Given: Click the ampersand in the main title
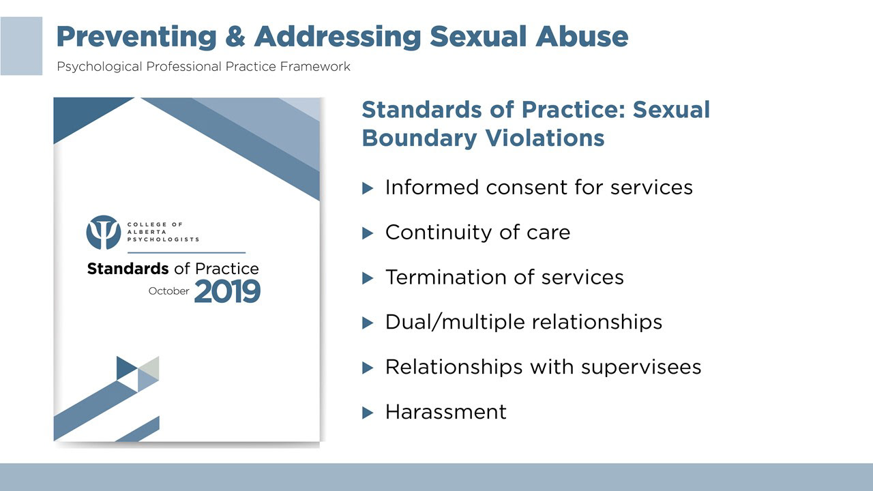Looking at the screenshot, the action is point(235,37).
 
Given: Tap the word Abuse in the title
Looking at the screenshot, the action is point(582,37).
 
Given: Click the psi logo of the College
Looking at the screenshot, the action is point(103,233).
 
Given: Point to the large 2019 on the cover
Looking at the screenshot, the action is point(227,291).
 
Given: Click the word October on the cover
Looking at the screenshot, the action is point(168,291).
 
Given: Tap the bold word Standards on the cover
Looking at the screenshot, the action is point(128,269).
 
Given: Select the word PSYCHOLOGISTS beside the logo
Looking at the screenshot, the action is point(163,239).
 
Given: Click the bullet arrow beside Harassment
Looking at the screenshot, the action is point(368,413).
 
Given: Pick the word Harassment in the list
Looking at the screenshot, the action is point(446,412).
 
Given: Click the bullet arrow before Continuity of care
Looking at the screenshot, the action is point(368,233).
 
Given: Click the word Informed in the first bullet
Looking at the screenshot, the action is point(432,188).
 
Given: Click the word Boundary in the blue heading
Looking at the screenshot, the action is point(419,138).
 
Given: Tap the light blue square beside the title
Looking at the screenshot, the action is point(21,46).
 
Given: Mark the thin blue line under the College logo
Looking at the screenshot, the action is point(186,253).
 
